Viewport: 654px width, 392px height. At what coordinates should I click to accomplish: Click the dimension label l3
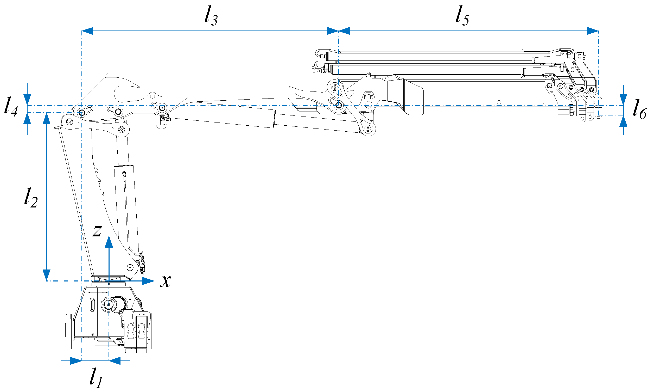point(211,16)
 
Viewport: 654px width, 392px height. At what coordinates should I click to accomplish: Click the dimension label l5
point(462,16)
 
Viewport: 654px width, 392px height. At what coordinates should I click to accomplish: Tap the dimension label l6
point(639,109)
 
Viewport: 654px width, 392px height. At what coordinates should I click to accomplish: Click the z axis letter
point(97,230)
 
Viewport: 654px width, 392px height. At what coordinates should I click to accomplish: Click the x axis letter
point(166,281)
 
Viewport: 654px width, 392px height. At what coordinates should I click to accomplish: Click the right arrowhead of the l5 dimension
point(592,31)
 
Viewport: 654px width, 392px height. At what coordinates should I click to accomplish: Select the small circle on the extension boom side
point(499,102)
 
